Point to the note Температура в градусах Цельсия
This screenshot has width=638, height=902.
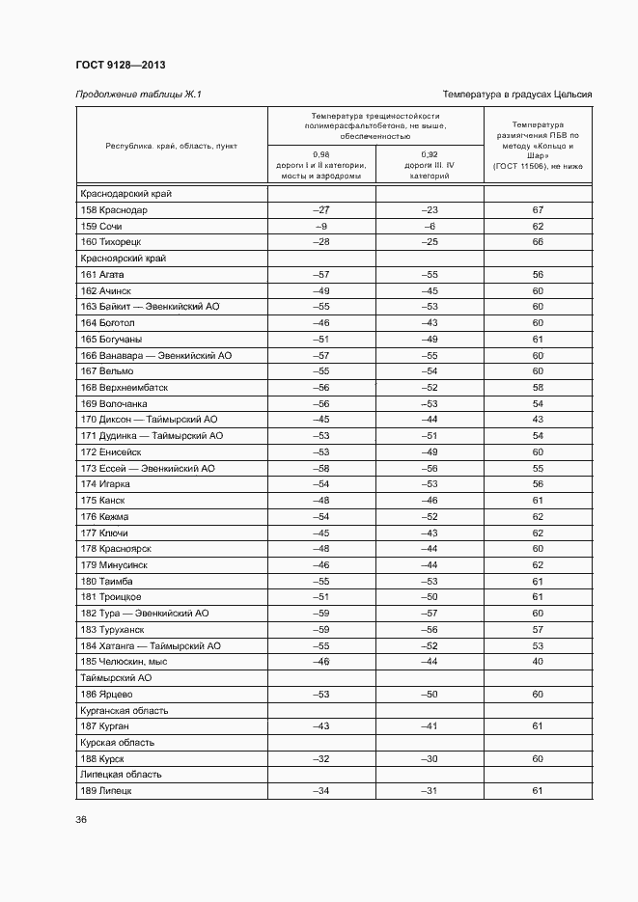tap(516, 94)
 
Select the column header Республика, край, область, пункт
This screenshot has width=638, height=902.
tap(171, 146)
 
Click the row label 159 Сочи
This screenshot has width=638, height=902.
tap(102, 225)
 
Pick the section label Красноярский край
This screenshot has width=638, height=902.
tap(118, 258)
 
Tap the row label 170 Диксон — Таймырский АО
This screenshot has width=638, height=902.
tap(150, 420)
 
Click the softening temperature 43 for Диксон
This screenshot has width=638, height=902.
tap(538, 420)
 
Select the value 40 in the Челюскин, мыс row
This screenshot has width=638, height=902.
tap(538, 662)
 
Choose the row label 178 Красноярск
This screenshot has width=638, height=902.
tap(117, 549)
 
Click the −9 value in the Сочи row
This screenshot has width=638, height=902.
tap(321, 225)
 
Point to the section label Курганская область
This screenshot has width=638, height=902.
tap(124, 710)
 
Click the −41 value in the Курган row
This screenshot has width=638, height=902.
tap(430, 726)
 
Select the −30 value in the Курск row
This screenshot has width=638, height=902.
tap(430, 758)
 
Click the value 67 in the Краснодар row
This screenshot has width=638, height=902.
tap(538, 209)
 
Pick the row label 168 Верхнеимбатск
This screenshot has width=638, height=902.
tap(125, 387)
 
